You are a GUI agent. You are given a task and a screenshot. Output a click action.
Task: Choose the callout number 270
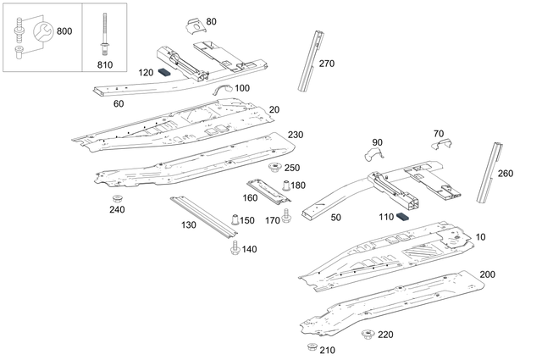(326, 64)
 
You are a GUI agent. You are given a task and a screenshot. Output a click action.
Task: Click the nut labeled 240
(112, 199)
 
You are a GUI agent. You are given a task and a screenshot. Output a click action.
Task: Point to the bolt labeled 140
(235, 247)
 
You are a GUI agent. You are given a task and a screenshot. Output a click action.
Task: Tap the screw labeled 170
(287, 218)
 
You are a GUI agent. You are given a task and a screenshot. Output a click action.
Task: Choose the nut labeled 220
(367, 335)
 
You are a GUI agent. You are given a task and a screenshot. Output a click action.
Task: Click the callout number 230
(295, 136)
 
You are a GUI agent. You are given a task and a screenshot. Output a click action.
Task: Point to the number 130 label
(187, 224)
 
